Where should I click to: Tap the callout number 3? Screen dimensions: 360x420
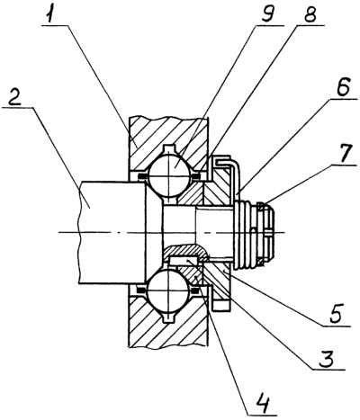[326, 359]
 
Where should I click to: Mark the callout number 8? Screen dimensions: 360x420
[309, 13]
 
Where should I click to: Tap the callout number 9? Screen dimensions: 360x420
[267, 13]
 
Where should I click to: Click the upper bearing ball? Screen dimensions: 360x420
[169, 175]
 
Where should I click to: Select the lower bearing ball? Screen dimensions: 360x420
[169, 290]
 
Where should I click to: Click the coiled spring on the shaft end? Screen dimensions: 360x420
[246, 236]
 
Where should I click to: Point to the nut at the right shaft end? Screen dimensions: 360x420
[265, 235]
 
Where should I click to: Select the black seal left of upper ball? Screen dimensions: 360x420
[141, 176]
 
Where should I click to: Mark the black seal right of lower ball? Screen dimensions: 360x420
[196, 290]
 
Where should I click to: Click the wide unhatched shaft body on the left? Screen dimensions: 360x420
[112, 232]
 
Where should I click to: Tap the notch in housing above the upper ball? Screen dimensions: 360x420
[169, 149]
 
